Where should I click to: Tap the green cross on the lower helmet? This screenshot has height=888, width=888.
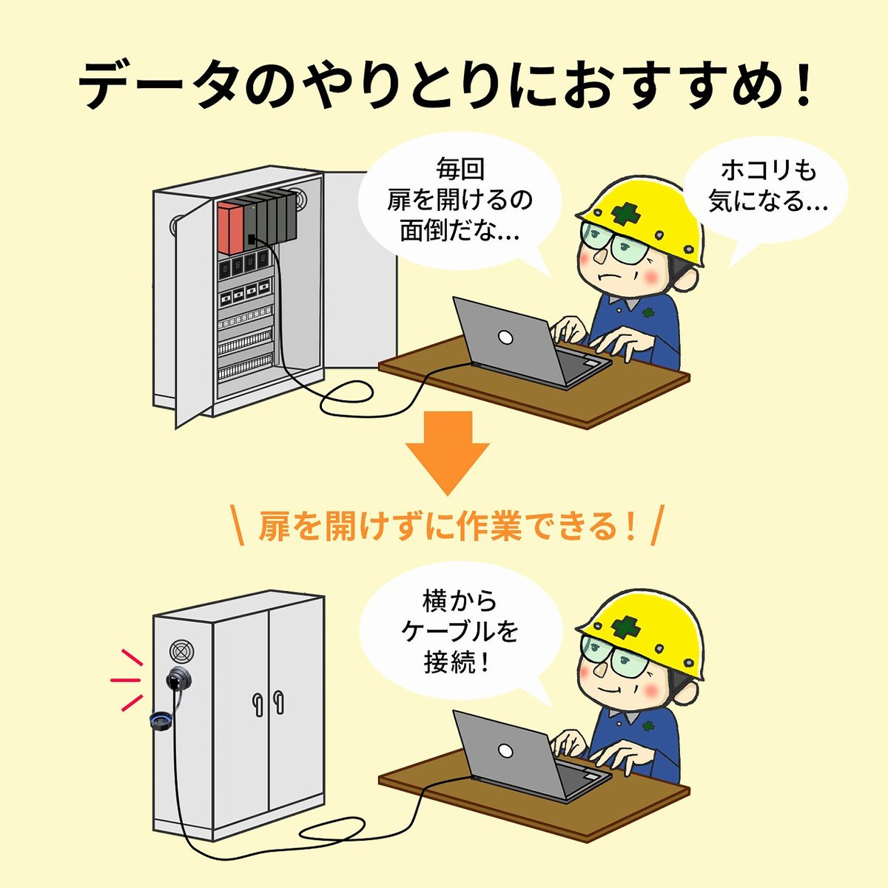626,628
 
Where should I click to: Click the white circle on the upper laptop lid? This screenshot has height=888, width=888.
505,337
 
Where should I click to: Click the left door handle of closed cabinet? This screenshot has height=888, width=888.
256,703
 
